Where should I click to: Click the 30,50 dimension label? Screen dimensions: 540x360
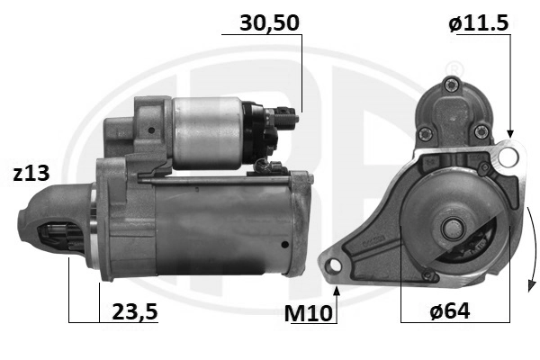[269, 23]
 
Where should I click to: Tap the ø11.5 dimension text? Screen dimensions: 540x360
[479, 23]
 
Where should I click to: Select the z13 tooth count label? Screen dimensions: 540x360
[31, 174]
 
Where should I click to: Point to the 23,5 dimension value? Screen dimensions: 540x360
[135, 311]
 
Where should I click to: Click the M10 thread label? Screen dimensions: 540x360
[308, 313]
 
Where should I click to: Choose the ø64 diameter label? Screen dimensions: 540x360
[450, 311]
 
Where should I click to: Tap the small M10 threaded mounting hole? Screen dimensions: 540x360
[333, 265]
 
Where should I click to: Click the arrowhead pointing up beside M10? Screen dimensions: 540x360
[337, 291]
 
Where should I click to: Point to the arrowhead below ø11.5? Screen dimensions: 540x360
[510, 134]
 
